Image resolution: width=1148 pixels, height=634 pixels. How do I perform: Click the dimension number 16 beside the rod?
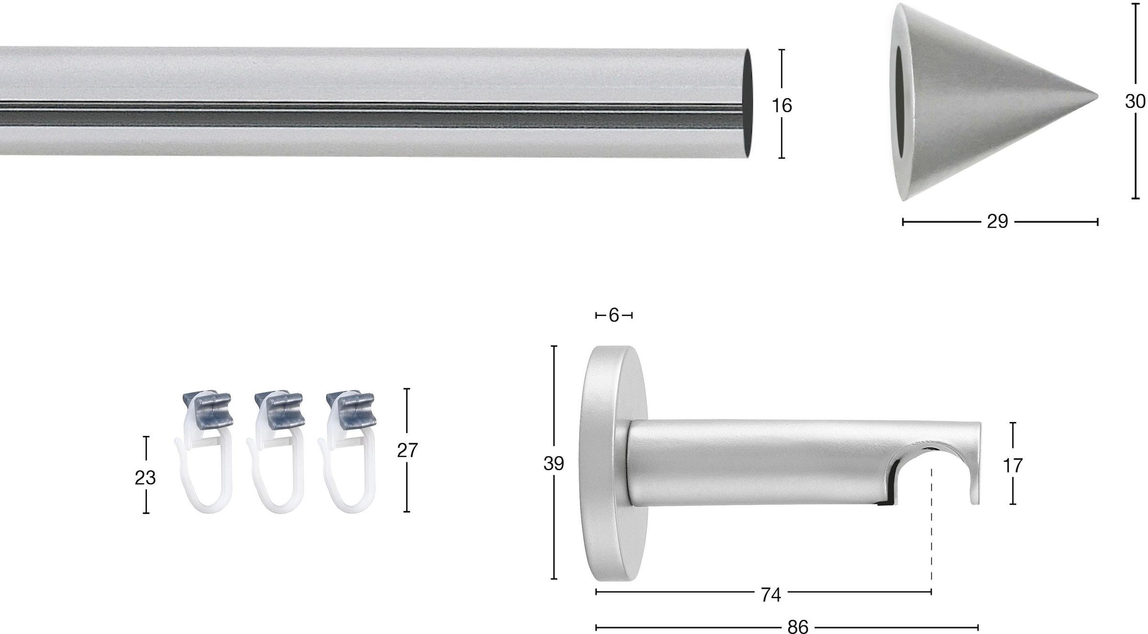click(782, 105)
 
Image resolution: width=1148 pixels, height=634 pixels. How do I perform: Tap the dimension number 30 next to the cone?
click(1135, 101)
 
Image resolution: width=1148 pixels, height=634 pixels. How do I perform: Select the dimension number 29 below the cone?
click(997, 222)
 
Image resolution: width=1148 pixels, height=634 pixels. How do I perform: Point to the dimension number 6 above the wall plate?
click(614, 315)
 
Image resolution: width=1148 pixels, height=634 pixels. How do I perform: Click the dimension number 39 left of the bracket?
click(553, 463)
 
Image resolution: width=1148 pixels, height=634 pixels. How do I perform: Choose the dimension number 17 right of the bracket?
click(1012, 465)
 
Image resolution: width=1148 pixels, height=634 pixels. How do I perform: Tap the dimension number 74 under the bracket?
click(771, 595)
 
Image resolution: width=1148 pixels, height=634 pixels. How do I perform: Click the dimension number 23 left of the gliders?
click(145, 478)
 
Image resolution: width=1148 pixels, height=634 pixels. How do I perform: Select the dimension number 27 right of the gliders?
click(408, 450)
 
